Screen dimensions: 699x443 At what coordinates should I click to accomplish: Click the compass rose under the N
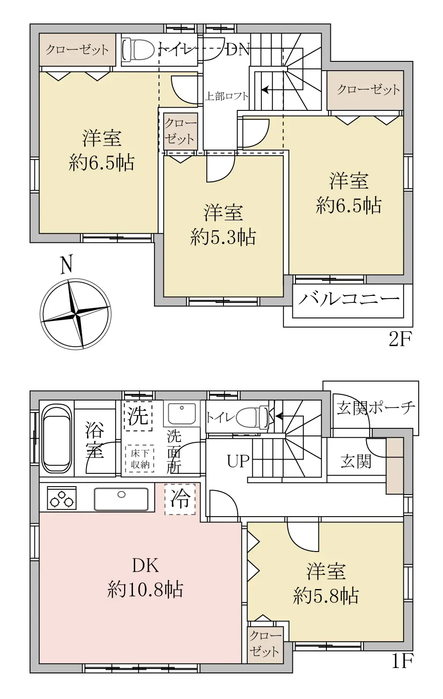[x=76, y=314]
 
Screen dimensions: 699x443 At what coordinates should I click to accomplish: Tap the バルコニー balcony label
[x=348, y=300]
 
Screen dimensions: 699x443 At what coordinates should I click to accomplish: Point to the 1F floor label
[x=401, y=661]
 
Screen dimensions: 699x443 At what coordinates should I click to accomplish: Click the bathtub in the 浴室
[x=57, y=438]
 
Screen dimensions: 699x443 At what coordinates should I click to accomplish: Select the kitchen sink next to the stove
[x=121, y=499]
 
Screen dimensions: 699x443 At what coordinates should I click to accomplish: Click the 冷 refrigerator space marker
[x=180, y=499]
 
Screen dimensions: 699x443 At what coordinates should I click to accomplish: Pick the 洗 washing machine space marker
[x=137, y=416]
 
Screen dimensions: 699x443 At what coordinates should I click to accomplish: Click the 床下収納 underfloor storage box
[x=140, y=458]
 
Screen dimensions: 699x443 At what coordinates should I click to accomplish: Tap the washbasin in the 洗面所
[x=182, y=413]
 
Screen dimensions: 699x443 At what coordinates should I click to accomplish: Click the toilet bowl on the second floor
[x=138, y=49]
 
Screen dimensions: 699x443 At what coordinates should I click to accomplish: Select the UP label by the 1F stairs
[x=238, y=461]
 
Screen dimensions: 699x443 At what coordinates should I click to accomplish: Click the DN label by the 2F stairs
[x=237, y=49]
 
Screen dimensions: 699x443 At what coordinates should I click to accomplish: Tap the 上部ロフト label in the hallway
[x=226, y=96]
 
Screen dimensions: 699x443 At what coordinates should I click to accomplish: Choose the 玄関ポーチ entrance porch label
[x=376, y=407]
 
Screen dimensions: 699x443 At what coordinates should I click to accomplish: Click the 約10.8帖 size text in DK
[x=145, y=589]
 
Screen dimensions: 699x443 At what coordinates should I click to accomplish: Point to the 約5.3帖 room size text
[x=223, y=237]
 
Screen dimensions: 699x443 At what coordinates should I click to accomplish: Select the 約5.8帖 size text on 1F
[x=326, y=596]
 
